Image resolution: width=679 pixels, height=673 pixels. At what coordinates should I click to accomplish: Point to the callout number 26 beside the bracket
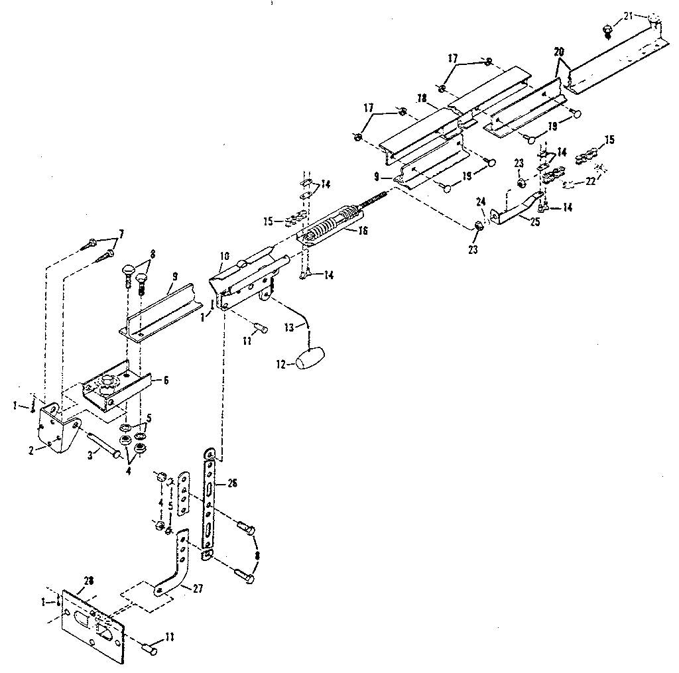pos(231,483)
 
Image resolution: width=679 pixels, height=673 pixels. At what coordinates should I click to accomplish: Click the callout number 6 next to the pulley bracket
pos(166,380)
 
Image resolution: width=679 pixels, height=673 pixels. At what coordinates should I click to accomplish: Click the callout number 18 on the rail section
pos(420,98)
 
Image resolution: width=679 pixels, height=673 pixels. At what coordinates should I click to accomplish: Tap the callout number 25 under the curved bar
pos(534,222)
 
